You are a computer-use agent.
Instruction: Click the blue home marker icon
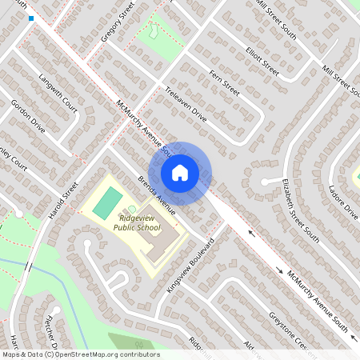pyautogui.click(x=180, y=172)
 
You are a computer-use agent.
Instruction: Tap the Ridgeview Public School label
pyautogui.click(x=133, y=222)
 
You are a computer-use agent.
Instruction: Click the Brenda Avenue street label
pyautogui.click(x=156, y=194)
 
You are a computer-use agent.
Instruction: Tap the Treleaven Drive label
pyautogui.click(x=186, y=105)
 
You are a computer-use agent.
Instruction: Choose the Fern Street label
pyautogui.click(x=225, y=82)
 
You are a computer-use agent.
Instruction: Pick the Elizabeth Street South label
pyautogui.click(x=300, y=210)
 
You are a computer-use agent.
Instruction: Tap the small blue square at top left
pyautogui.click(x=31, y=18)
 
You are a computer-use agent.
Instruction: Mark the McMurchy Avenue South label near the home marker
pyautogui.click(x=144, y=128)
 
